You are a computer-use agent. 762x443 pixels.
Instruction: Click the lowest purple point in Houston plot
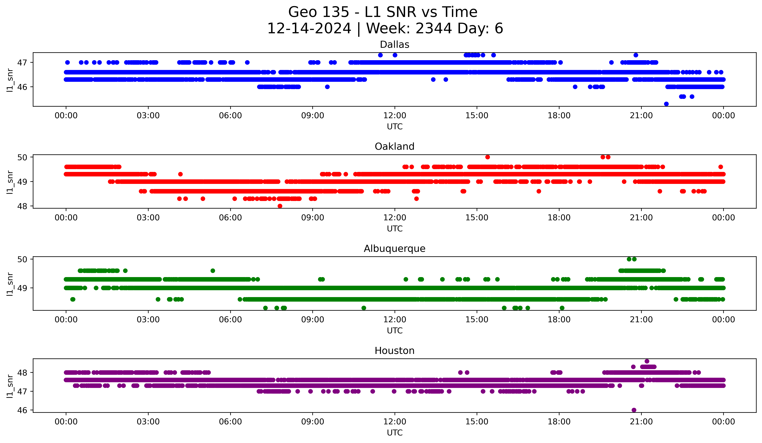634,410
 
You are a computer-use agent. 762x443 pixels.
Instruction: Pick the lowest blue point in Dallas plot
666,104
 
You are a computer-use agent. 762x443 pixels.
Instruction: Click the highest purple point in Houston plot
647,361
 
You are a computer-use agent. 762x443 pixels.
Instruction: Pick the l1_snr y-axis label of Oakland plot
10,182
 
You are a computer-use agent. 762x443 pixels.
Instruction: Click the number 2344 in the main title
434,28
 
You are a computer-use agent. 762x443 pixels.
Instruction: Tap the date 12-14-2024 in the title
309,28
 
